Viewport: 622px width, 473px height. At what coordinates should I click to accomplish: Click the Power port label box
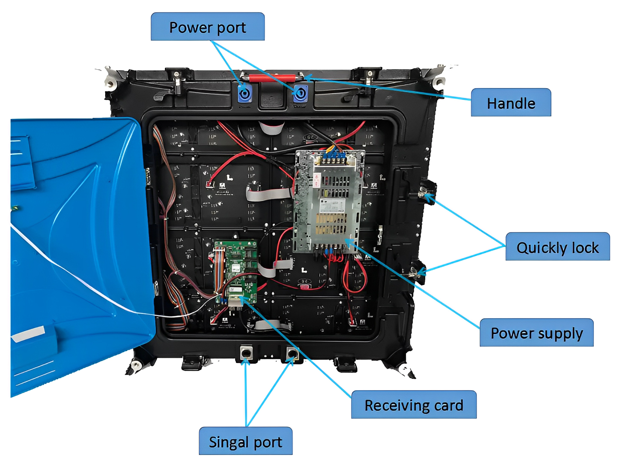pos(207,27)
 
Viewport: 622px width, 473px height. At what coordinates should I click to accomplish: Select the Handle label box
pos(510,102)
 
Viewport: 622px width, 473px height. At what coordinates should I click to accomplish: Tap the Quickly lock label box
pos(557,247)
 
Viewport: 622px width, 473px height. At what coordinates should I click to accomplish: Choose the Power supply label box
pos(536,333)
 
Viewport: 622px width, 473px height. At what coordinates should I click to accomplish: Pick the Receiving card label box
pos(414,405)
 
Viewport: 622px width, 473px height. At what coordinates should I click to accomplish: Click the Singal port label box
pos(245,441)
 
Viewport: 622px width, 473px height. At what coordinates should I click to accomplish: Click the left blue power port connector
pos(245,93)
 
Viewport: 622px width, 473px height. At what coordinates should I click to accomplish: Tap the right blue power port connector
pos(300,93)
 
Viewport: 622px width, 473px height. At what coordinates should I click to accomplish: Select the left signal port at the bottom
pos(246,353)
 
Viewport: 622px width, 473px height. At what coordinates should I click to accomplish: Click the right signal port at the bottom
pos(292,353)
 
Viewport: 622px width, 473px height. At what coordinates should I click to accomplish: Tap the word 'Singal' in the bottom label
pos(228,442)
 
